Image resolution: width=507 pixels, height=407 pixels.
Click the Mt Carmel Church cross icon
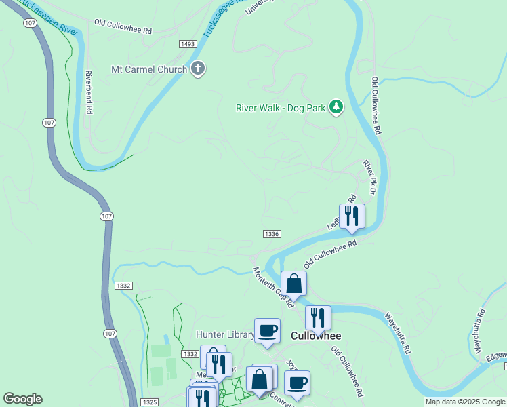198,69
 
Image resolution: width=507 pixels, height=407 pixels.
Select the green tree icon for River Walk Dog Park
336,107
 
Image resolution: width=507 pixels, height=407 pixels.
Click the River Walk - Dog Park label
281,107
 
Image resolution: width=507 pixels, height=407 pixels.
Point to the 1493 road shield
188,44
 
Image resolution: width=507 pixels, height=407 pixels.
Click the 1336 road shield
272,234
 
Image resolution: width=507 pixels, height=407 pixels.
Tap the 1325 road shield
150,402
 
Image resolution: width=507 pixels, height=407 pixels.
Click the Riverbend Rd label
88,92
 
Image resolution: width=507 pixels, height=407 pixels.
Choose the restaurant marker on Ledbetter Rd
352,216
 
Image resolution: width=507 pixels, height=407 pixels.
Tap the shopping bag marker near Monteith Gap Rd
293,284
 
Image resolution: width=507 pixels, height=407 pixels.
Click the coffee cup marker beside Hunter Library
267,330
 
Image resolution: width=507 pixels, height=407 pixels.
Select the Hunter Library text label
224,334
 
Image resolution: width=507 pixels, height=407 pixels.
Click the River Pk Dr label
370,174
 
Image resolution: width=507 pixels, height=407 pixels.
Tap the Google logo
22,399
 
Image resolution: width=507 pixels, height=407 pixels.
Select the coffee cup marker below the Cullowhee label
297,383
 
